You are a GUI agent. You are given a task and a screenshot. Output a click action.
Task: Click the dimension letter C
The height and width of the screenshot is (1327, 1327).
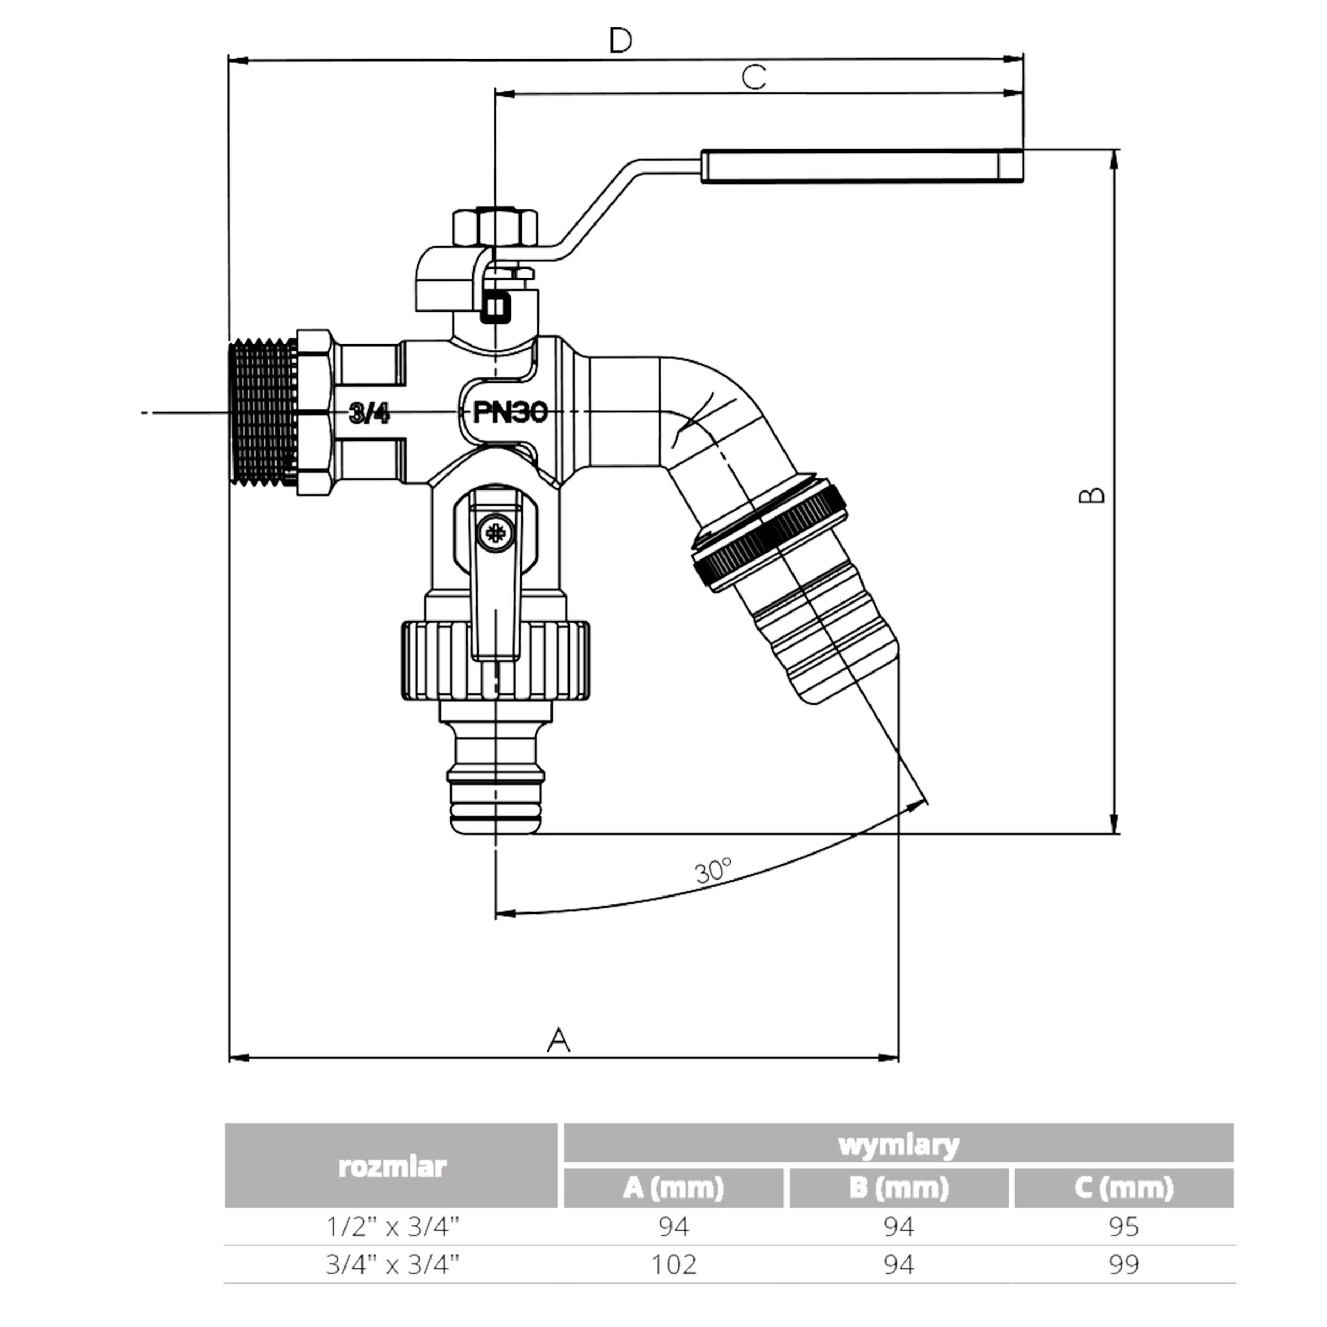click(754, 77)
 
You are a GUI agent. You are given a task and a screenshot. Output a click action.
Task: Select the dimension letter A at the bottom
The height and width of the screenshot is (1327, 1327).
click(558, 1040)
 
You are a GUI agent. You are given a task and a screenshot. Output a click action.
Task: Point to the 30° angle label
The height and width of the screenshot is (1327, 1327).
click(713, 871)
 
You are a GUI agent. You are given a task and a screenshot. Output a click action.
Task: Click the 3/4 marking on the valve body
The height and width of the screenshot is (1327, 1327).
click(369, 413)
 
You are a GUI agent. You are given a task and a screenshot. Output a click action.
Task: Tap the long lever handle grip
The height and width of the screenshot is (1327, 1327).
click(862, 166)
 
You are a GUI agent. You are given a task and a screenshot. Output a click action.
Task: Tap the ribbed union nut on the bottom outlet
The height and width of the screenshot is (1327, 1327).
click(495, 660)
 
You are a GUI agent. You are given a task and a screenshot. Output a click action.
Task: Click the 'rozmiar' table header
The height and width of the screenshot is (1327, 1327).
click(392, 1166)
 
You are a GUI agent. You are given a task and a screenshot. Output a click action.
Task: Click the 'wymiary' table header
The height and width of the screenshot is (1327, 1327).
click(899, 1145)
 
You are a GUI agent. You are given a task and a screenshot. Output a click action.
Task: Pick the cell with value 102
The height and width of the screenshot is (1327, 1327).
click(674, 1264)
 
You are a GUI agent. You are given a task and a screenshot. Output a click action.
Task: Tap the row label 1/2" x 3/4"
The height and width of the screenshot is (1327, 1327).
click(392, 1226)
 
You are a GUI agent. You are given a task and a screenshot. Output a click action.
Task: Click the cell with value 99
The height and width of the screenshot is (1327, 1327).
click(1124, 1264)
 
